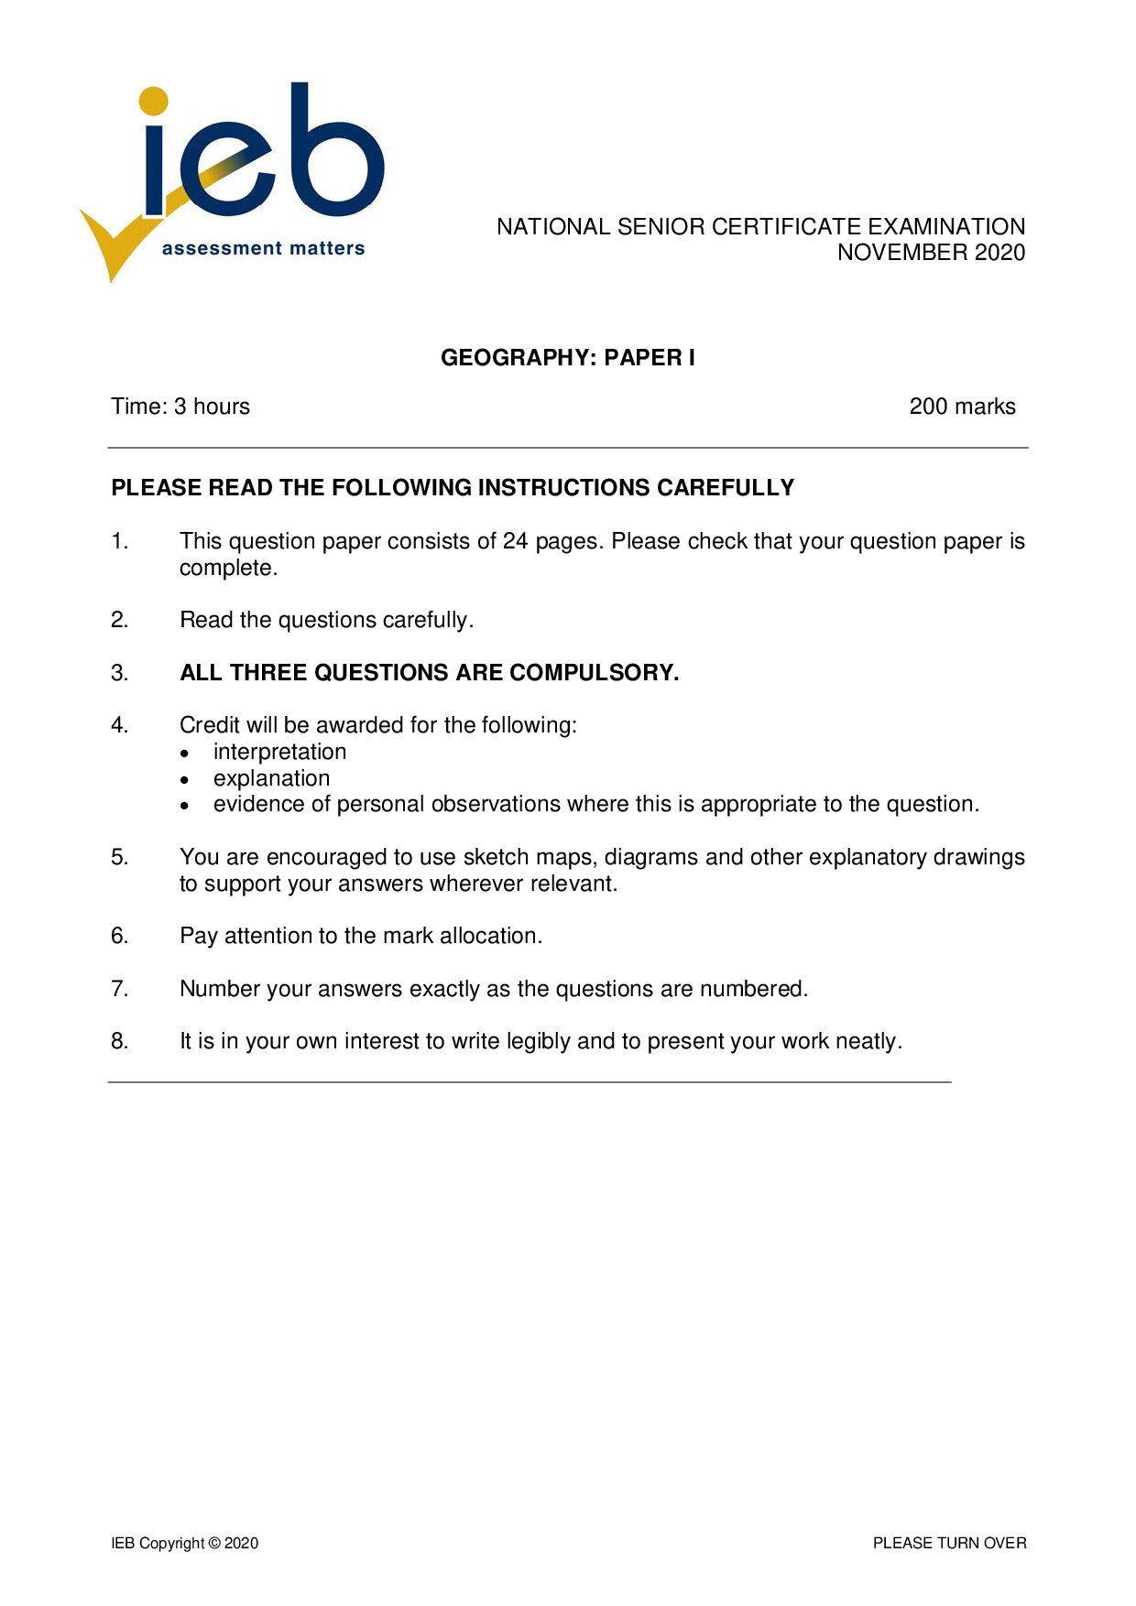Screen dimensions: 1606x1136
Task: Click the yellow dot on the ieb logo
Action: [x=154, y=102]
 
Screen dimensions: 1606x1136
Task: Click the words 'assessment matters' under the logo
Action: [x=263, y=248]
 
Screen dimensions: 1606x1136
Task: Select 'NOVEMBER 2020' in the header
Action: [x=931, y=253]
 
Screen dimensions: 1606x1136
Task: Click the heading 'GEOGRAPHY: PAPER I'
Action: [x=568, y=358]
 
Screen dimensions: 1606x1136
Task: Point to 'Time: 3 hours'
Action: [x=180, y=407]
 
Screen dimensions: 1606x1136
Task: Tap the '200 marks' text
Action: [x=962, y=407]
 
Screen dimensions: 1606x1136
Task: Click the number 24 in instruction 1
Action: [x=515, y=541]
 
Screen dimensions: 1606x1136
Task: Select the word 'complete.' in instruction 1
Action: [x=228, y=568]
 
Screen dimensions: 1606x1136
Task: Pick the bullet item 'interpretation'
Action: [x=279, y=752]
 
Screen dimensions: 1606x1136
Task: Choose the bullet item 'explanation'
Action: [x=271, y=778]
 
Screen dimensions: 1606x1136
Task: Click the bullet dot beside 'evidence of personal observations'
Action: [x=185, y=806]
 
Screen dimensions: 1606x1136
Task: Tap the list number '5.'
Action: [x=120, y=857]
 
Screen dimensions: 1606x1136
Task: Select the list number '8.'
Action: [x=120, y=1041]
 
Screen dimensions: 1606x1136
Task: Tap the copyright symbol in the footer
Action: [x=214, y=1543]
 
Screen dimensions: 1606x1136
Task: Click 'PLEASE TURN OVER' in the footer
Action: [x=949, y=1543]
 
